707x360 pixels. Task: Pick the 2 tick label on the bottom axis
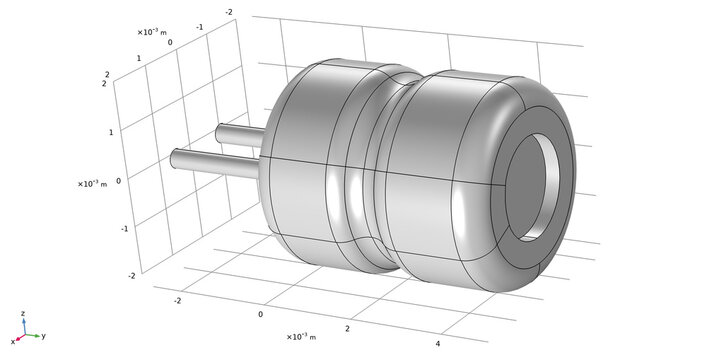(x=347, y=328)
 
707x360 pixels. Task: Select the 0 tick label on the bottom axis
(x=261, y=313)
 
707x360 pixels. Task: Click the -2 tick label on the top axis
(x=229, y=12)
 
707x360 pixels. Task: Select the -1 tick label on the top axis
(x=200, y=27)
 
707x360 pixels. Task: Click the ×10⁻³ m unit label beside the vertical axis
(x=92, y=184)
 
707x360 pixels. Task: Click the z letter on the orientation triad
(x=23, y=313)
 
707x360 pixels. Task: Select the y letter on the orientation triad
(x=44, y=336)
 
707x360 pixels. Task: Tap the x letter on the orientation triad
(x=13, y=342)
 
